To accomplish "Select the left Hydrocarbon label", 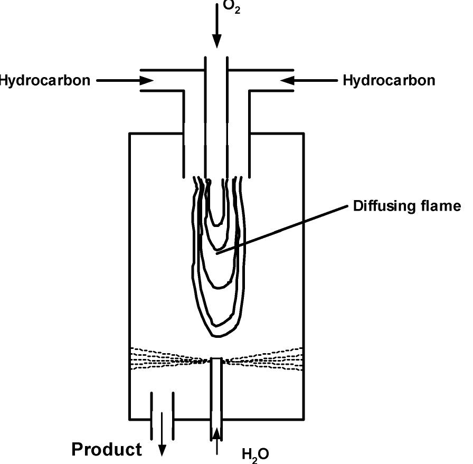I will [44, 81].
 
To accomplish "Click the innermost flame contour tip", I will [216, 222].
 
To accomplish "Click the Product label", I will [107, 449].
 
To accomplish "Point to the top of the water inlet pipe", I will [216, 359].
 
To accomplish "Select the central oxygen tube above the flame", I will [216, 121].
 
